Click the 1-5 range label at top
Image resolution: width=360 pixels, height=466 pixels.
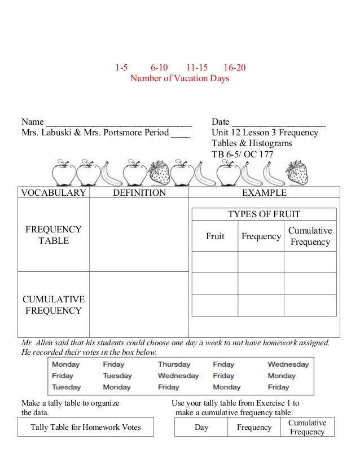(121, 68)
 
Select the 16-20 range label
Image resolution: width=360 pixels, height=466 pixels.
(234, 68)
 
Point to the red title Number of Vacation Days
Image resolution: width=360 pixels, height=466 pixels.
(180, 78)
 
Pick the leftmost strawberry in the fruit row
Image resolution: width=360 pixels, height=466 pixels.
(159, 173)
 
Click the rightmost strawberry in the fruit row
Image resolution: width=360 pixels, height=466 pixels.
(296, 173)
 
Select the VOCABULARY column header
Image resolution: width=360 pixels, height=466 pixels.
(54, 193)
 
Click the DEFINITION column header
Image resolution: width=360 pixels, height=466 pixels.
(139, 193)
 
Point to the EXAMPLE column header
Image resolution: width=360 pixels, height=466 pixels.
(264, 193)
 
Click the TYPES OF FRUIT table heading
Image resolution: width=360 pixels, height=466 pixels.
(264, 214)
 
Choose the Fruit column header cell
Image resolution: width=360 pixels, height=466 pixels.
(215, 236)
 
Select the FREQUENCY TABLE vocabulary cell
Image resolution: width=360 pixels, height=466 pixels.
(54, 235)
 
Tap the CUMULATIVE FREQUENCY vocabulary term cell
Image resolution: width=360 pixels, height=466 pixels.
(54, 305)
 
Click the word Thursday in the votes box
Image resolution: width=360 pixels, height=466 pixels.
(174, 364)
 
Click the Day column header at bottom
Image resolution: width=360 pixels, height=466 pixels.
(201, 428)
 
